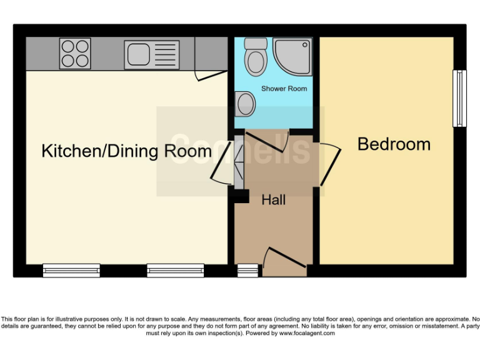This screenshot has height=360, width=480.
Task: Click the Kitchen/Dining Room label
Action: click(x=126, y=151)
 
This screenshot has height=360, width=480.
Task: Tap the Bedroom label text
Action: click(x=394, y=144)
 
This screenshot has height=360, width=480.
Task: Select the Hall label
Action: click(x=273, y=200)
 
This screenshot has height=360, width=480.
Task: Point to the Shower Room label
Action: click(x=284, y=89)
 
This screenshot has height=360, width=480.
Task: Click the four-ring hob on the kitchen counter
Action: click(x=75, y=54)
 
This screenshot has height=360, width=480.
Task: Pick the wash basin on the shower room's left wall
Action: click(x=246, y=102)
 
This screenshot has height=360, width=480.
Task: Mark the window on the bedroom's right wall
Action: click(x=459, y=98)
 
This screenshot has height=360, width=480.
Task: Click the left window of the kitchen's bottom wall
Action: click(x=71, y=270)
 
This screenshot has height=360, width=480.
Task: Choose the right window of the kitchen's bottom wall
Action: click(x=176, y=270)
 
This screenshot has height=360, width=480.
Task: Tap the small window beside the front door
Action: click(x=247, y=270)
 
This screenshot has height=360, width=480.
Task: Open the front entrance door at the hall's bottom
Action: click(x=285, y=262)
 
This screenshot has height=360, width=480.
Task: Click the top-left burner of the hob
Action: click(x=67, y=47)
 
